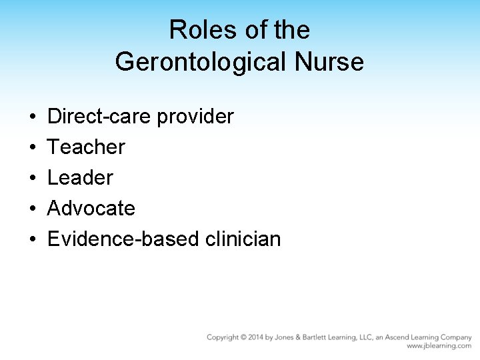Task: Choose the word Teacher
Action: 86,147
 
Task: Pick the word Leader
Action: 81,178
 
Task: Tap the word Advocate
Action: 91,209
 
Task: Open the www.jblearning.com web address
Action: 439,347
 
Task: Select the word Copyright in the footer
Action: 223,338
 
